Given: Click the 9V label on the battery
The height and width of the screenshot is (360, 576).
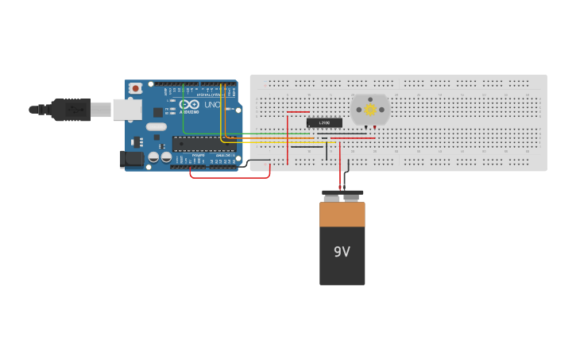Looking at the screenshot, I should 342,252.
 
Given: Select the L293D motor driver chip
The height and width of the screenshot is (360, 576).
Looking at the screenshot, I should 324,122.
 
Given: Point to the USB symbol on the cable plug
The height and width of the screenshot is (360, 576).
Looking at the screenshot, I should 76,109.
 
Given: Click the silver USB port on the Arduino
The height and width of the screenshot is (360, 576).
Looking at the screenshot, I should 126,109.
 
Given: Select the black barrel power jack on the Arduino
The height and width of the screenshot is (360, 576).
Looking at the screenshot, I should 132,160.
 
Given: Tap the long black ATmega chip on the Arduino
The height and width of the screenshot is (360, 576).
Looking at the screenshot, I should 203,145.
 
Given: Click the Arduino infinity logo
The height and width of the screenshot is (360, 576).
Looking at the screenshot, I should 188,104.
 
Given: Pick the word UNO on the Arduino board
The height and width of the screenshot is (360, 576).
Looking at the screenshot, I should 212,104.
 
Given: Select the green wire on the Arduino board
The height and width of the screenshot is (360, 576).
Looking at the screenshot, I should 184,111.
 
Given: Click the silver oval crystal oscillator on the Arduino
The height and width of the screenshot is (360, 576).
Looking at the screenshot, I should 157,126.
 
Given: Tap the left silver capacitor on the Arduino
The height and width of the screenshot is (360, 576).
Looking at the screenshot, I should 153,157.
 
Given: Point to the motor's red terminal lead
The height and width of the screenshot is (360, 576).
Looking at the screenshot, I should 375,127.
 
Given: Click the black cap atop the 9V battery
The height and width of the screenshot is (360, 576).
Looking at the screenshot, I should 342,192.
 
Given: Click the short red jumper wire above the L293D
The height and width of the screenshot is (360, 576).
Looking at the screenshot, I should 298,112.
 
